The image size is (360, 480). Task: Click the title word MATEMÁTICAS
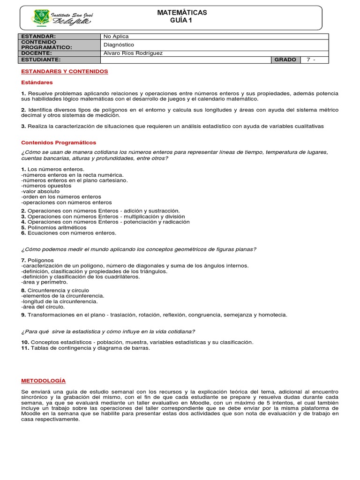point(182,13)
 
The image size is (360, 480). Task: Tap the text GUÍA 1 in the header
point(182,21)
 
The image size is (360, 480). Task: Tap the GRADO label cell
point(285,60)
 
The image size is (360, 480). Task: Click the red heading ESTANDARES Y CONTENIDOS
point(65,71)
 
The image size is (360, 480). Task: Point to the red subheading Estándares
point(37,82)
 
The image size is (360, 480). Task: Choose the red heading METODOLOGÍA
point(44,381)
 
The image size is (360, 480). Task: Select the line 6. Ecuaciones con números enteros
point(68,232)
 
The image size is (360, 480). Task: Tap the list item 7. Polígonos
point(37,260)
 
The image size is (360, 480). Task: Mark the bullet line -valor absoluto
point(40,191)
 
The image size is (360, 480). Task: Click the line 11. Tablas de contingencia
point(86,348)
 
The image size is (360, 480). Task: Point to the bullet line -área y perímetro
point(45,282)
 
